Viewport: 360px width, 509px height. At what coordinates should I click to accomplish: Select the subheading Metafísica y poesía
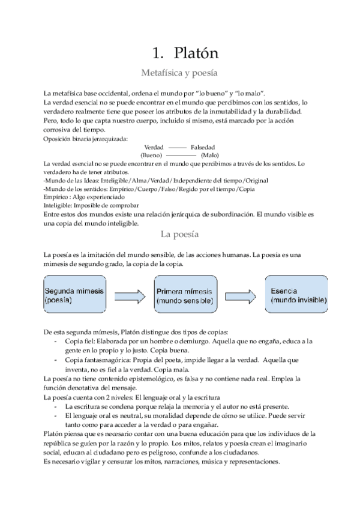tap(178, 73)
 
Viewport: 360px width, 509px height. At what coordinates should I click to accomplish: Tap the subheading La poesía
tap(179, 235)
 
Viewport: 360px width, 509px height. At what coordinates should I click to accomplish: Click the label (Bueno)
tap(152, 155)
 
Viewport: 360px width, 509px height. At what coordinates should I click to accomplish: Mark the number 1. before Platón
tap(158, 53)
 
